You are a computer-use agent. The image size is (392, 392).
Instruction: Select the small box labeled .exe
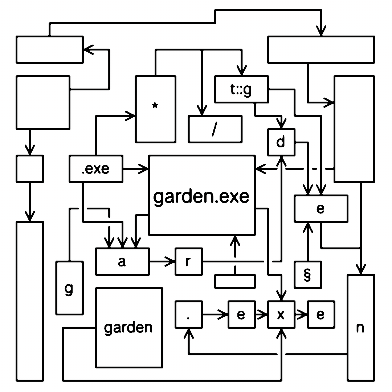tap(96, 169)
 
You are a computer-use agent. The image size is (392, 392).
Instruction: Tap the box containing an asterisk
tap(155, 109)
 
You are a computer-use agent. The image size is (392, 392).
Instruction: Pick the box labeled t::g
tap(241, 89)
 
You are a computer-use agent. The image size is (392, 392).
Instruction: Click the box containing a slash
tap(215, 129)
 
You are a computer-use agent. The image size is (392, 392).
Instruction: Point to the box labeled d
tap(281, 142)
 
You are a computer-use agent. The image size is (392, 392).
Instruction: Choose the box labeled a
tap(122, 261)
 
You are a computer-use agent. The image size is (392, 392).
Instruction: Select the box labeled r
tap(189, 261)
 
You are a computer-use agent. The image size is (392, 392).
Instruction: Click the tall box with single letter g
tap(69, 288)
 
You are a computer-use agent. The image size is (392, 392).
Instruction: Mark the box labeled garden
tap(129, 327)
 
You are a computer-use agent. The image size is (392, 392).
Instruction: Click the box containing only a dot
tap(188, 314)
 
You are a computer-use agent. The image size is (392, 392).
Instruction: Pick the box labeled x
tap(281, 314)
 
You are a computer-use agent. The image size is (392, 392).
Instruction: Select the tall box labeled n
tap(360, 327)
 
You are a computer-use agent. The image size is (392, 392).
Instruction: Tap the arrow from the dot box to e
tap(216, 314)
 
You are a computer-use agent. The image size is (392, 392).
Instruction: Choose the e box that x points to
tap(321, 314)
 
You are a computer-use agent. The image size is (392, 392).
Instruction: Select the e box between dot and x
tap(241, 314)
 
